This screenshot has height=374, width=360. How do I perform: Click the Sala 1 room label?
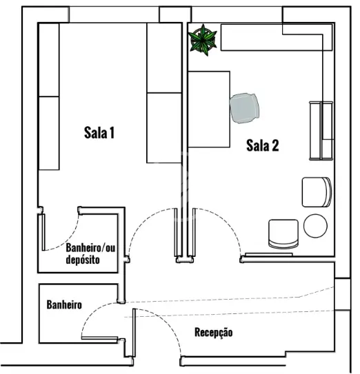99,133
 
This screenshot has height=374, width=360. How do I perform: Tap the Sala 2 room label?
263,145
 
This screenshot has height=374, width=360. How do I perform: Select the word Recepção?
214,333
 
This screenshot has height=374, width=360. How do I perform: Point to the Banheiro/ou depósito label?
90,253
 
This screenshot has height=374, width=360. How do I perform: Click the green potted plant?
203,40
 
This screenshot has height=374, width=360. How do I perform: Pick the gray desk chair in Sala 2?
244,108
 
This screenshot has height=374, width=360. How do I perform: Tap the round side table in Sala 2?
315,226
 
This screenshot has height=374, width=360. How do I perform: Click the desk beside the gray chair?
209,109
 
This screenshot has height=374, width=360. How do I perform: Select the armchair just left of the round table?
283,234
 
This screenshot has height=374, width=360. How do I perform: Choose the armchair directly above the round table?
317,192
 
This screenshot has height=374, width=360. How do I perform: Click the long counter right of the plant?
277,37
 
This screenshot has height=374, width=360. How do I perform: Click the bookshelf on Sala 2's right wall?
321,130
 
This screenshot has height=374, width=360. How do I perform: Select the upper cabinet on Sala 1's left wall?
49,60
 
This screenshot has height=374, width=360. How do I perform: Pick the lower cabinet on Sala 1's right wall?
164,128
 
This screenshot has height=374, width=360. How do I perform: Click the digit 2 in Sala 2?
275,145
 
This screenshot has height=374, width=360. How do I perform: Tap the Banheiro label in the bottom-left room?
64,304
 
